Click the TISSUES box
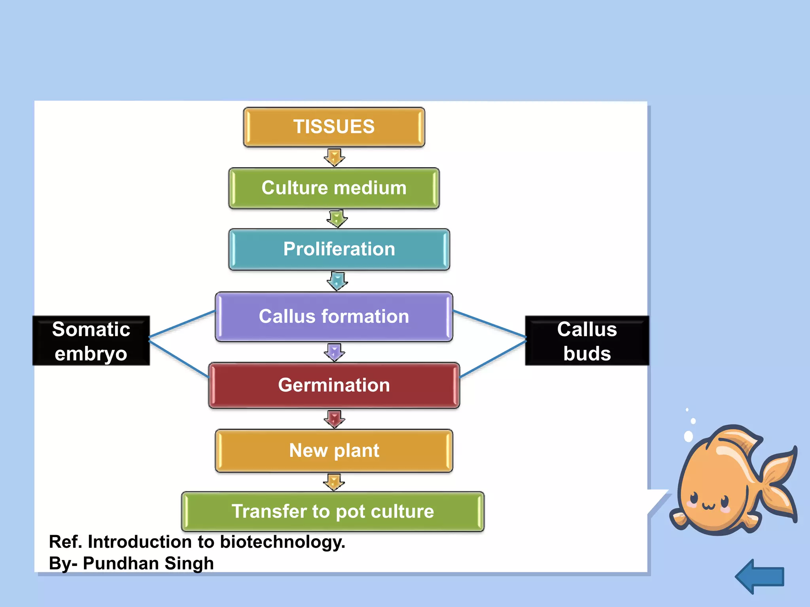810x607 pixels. [334, 127]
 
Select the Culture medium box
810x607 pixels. [334, 188]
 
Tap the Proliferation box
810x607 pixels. [339, 249]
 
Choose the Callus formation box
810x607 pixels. [334, 317]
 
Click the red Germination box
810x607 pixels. [334, 385]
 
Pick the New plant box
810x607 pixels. [334, 451]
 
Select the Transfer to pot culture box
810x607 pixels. [333, 511]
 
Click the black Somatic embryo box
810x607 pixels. [91, 341]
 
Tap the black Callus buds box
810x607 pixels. [587, 341]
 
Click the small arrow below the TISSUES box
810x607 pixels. [335, 157]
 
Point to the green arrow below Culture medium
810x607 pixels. [337, 219]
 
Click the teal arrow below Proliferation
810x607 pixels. [337, 281]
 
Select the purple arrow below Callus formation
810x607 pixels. [335, 352]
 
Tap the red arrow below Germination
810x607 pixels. [335, 419]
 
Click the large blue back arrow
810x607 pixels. [760, 577]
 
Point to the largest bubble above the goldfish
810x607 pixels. [688, 436]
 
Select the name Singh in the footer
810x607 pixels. [189, 564]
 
